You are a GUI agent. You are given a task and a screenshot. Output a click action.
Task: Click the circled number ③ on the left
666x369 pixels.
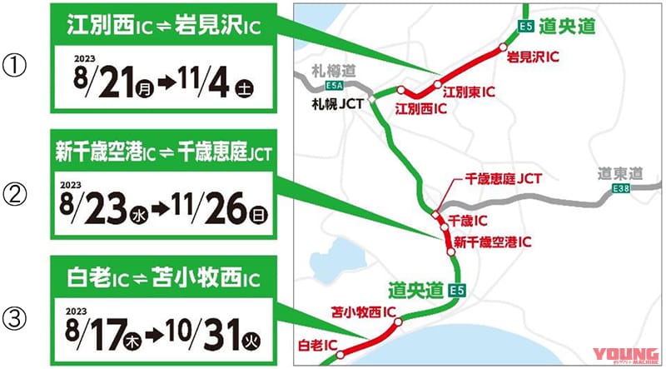pos(19,317)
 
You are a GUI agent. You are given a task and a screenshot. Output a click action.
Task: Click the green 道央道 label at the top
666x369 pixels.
pos(565,27)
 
